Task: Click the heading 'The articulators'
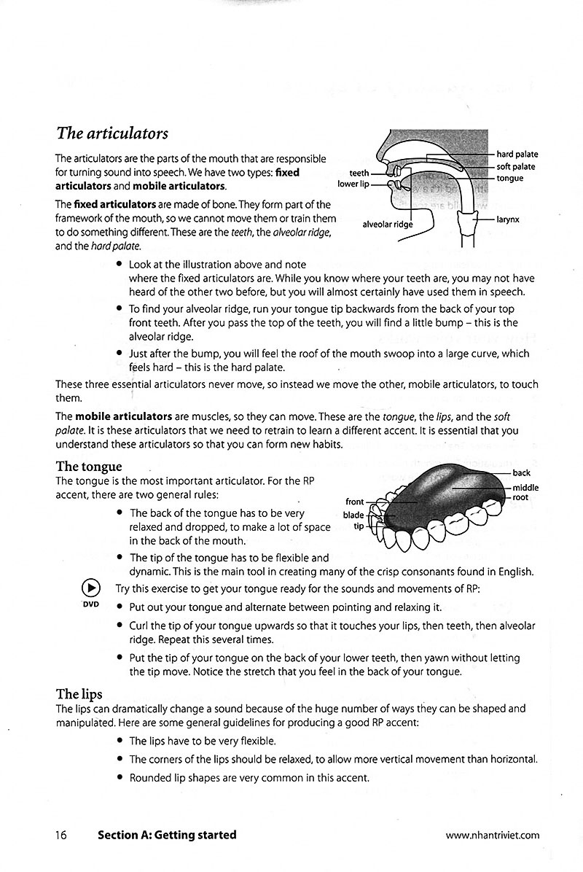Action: pos(111,133)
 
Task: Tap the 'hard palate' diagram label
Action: pos(517,155)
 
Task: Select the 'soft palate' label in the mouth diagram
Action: pos(515,167)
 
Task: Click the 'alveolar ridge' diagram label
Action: pos(387,225)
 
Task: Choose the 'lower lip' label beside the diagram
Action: pos(353,184)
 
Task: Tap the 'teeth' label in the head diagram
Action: pos(359,174)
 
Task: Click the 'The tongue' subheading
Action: pos(89,466)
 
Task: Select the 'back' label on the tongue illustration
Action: pos(521,473)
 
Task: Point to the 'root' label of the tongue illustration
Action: pos(520,498)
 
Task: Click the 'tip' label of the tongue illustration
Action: pos(358,526)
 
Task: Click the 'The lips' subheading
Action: pos(79,693)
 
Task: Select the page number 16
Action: pos(60,836)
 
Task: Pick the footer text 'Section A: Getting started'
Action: pos(167,836)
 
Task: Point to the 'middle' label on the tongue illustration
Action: pos(525,487)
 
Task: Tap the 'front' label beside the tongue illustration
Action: pos(354,502)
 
